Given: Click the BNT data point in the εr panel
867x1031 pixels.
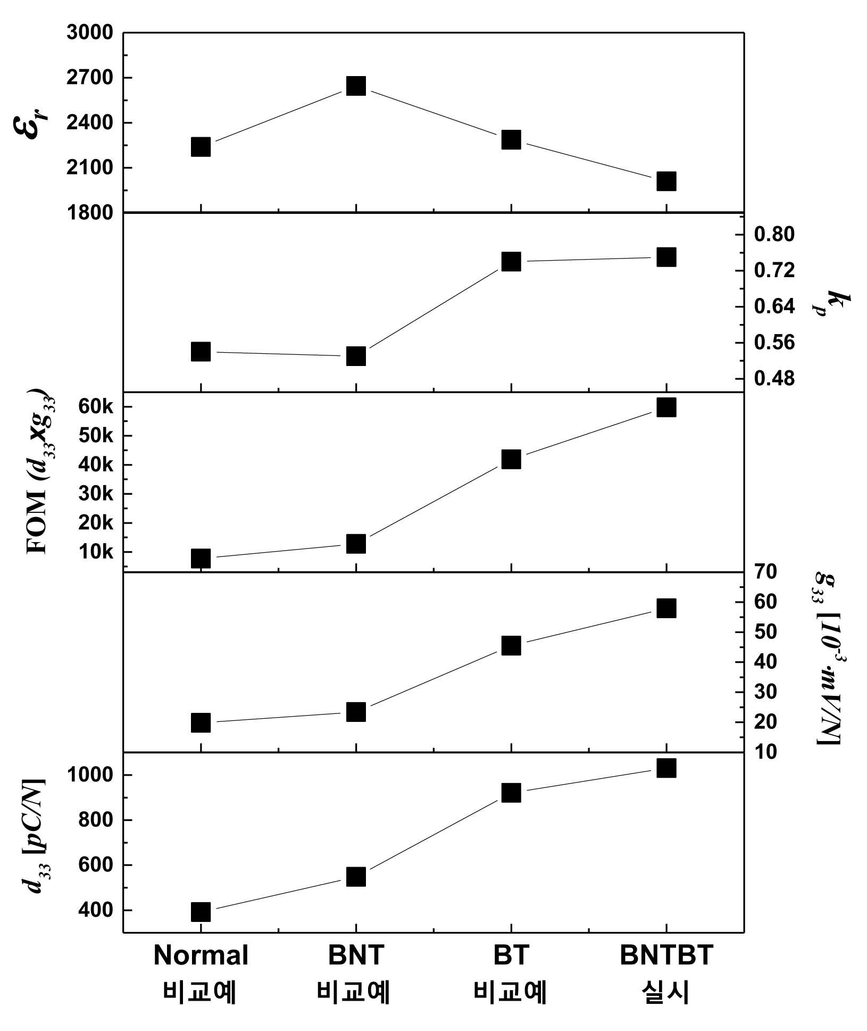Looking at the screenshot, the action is pyautogui.click(x=356, y=85).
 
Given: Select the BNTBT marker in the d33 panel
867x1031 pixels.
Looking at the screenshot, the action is pyautogui.click(x=666, y=768).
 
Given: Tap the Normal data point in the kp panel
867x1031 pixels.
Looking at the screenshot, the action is pyautogui.click(x=201, y=352).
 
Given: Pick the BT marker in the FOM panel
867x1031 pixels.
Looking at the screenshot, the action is pyautogui.click(x=511, y=459).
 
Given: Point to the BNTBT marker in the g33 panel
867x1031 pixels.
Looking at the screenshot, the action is pyautogui.click(x=666, y=608).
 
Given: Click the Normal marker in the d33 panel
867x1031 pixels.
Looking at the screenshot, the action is pyautogui.click(x=201, y=912).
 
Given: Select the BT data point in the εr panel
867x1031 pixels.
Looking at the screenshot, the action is pyautogui.click(x=511, y=139).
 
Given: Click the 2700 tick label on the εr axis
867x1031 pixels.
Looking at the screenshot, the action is pyautogui.click(x=90, y=78).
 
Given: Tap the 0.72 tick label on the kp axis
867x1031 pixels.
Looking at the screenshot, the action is pyautogui.click(x=774, y=270).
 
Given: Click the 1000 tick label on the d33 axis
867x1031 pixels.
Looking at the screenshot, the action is pyautogui.click(x=90, y=775).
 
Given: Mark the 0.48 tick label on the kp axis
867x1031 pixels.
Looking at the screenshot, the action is pyautogui.click(x=774, y=378).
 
